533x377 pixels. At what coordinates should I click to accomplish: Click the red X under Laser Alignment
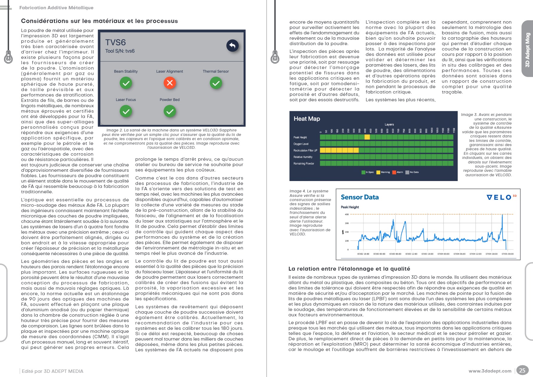[170, 83]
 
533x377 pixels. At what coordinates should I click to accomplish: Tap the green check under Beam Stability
[126, 83]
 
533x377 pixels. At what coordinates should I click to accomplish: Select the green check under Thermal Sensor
[216, 83]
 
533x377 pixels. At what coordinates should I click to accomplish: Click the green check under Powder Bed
[170, 111]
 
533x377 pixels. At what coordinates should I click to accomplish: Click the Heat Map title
[307, 119]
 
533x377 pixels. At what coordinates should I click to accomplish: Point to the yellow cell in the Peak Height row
[367, 137]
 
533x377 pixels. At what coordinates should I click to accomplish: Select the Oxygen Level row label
[301, 144]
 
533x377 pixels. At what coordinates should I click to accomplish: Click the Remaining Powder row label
[304, 164]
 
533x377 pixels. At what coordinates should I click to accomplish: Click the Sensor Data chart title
[360, 197]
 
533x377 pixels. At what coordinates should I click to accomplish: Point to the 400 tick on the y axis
[347, 214]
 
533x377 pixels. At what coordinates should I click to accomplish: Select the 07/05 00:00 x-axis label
[507, 254]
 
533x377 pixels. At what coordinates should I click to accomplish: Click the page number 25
[522, 371]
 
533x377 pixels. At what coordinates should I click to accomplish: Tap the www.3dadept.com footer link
[490, 371]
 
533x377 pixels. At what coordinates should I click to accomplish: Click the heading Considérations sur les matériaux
[99, 21]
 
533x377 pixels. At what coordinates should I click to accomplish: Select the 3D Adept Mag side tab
[527, 50]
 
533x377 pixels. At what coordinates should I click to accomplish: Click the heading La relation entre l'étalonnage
[349, 269]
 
